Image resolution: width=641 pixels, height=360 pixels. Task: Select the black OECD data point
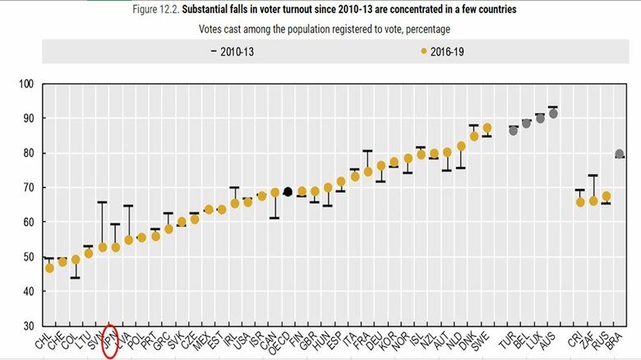(288, 192)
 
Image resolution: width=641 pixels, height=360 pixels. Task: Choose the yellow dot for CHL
(49, 268)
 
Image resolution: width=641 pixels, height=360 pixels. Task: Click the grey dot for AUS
(553, 113)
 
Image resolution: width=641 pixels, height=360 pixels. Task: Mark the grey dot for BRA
(620, 154)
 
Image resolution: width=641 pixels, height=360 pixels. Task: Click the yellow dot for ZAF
(593, 201)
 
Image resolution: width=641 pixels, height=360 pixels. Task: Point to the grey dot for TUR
(513, 130)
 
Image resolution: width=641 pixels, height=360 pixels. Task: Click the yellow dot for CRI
(579, 201)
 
